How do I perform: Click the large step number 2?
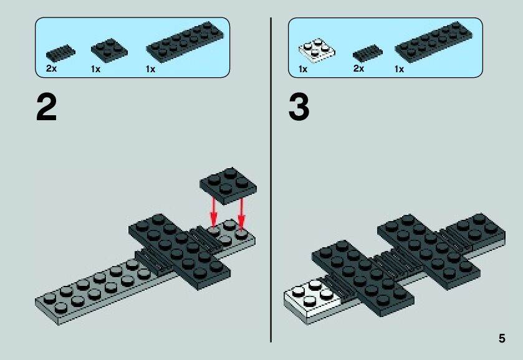[x=46, y=108]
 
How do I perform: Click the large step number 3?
[x=299, y=108]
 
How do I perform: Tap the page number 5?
[x=502, y=338]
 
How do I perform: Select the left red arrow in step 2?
[x=213, y=212]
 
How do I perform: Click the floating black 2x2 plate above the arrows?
[x=228, y=186]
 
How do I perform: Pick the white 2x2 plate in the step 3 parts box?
[x=317, y=50]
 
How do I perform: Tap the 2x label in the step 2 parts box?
[x=51, y=69]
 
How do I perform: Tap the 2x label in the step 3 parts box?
[x=358, y=69]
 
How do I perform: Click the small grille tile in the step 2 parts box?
[x=60, y=53]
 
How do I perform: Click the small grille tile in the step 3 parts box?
[x=368, y=53]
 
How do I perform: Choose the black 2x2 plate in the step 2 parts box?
[x=110, y=50]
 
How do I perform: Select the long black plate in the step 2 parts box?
[x=185, y=42]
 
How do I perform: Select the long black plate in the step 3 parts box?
[x=434, y=42]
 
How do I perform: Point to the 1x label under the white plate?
[x=303, y=69]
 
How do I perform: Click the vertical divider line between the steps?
[x=271, y=180]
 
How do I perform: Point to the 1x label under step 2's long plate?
[x=150, y=69]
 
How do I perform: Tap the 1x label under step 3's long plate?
[x=399, y=69]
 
